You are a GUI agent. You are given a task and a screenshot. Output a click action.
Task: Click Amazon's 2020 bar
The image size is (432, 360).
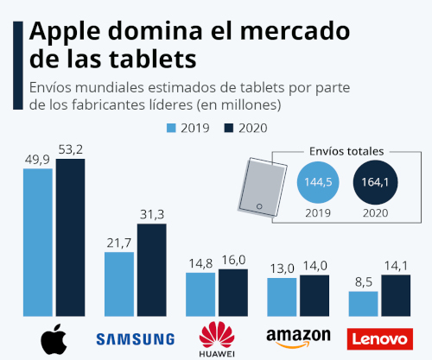314,295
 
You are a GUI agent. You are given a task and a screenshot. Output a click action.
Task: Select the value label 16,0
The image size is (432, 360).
233,259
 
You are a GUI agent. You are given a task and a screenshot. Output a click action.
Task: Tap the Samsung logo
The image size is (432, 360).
136,338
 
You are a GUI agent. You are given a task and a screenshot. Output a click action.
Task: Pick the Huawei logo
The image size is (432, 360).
217,337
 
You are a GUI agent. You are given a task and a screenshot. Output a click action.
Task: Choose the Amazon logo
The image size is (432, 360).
298,337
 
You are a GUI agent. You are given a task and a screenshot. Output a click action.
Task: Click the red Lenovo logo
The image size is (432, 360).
378,338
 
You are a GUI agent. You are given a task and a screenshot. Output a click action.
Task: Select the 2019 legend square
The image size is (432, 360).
171,128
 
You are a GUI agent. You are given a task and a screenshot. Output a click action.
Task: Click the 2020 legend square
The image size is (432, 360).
229,128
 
